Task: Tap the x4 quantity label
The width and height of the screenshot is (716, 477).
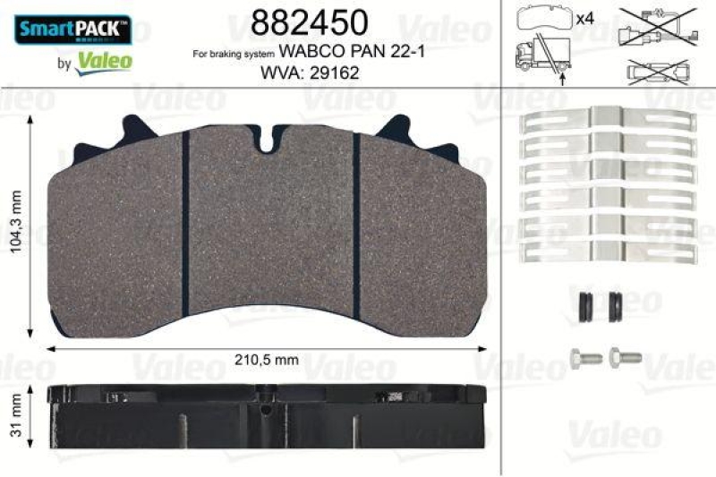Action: (586, 17)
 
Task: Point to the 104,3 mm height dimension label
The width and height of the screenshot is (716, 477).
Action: (11, 226)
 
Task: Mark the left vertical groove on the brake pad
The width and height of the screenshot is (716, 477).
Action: (184, 224)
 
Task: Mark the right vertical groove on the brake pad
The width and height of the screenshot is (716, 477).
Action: (355, 224)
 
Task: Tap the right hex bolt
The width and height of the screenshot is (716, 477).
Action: (624, 356)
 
